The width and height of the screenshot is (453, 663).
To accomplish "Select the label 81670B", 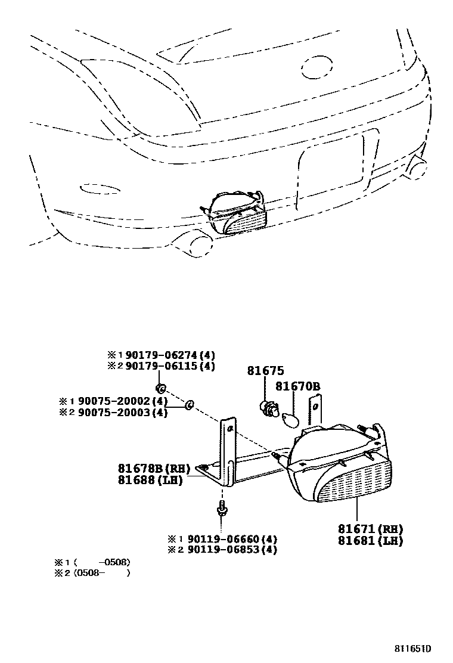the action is coord(297,387).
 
